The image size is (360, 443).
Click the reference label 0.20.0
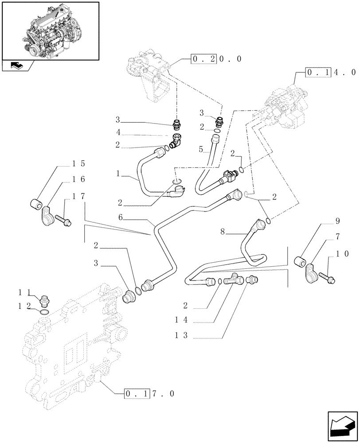216,58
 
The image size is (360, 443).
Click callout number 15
78,164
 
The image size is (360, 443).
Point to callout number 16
78,179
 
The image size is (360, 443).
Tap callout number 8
223,230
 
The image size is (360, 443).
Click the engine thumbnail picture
50,30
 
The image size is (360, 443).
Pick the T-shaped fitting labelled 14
233,280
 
